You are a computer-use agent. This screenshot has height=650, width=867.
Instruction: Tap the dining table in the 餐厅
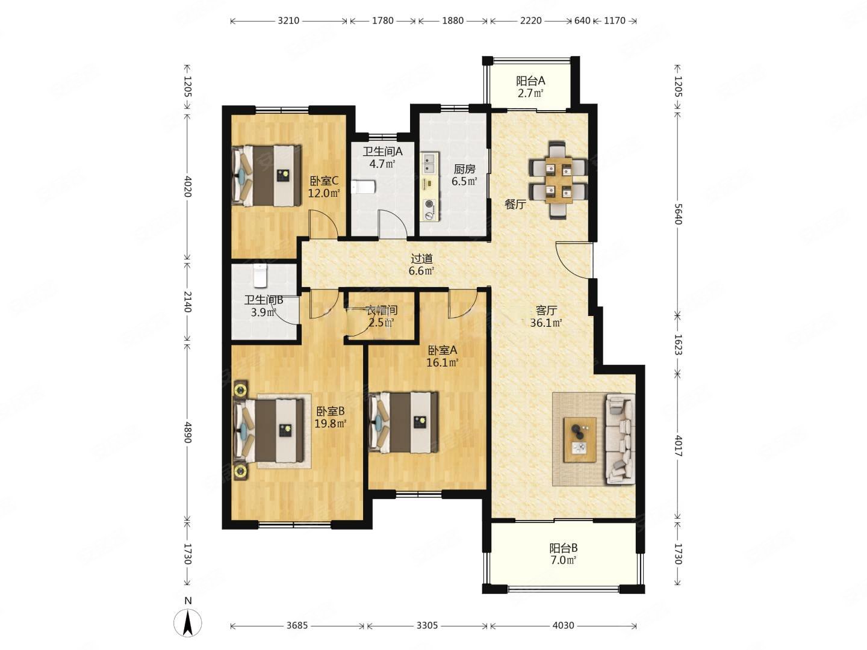(559, 180)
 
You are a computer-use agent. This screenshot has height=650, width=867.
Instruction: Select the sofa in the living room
(620, 439)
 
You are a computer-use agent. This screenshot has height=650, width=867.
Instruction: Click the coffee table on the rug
(580, 439)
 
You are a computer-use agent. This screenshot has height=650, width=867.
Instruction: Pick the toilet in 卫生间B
(260, 276)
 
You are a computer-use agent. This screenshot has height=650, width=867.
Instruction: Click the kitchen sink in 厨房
(429, 164)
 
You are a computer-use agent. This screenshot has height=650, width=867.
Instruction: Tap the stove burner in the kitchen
(429, 210)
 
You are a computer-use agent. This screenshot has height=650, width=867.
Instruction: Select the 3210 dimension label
(288, 20)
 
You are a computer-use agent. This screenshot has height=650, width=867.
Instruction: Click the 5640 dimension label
(678, 214)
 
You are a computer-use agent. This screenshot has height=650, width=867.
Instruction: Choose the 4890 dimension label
(188, 432)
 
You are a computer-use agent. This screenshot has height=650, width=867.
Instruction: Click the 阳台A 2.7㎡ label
(530, 87)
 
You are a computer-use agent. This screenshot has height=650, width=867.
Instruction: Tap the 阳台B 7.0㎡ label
(564, 554)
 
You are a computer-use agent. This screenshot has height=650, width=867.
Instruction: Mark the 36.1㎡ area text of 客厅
(546, 323)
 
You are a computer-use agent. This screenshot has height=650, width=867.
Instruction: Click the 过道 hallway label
(422, 259)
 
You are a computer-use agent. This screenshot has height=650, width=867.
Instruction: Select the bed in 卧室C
(266, 176)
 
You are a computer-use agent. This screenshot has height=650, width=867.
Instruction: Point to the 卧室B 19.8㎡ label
(330, 418)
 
